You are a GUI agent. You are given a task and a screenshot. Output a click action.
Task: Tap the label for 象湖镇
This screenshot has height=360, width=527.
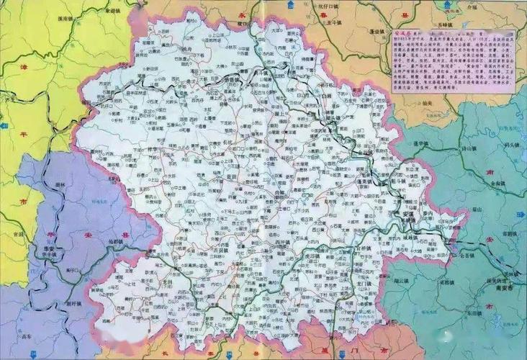112,12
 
